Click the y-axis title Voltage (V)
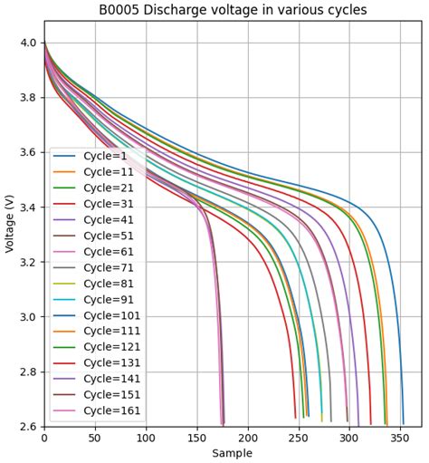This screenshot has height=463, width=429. click(x=10, y=235)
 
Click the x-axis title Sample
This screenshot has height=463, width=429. click(x=233, y=453)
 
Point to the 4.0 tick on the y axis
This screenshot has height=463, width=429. click(x=27, y=43)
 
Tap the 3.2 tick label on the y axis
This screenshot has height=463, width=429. click(x=27, y=263)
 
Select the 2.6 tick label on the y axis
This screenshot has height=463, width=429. click(x=27, y=427)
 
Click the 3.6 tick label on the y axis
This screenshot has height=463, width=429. click(x=27, y=152)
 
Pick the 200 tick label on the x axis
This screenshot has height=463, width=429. click(x=248, y=438)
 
